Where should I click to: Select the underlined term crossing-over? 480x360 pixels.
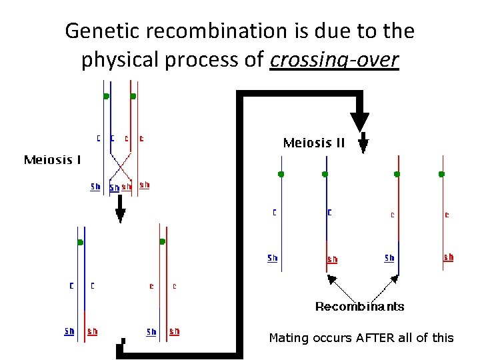coord(335,60)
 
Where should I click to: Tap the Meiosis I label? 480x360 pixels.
coord(53,160)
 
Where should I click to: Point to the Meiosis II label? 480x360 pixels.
coord(313,143)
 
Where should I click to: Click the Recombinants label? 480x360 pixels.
coord(359,307)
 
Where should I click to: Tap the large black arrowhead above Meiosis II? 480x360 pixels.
coord(359,121)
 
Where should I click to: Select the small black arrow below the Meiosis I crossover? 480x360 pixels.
coord(121,213)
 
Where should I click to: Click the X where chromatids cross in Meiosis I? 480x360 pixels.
coord(121,163)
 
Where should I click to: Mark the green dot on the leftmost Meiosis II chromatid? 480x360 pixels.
coord(281,174)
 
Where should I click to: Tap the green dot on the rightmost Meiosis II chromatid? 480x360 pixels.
coord(441,174)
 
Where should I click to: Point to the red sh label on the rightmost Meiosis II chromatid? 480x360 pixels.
coord(449,257)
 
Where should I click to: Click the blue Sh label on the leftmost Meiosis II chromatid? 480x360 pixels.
coord(273,258)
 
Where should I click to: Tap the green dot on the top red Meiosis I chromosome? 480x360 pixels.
coord(133,96)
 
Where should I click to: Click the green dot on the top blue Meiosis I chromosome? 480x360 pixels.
coord(106,96)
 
